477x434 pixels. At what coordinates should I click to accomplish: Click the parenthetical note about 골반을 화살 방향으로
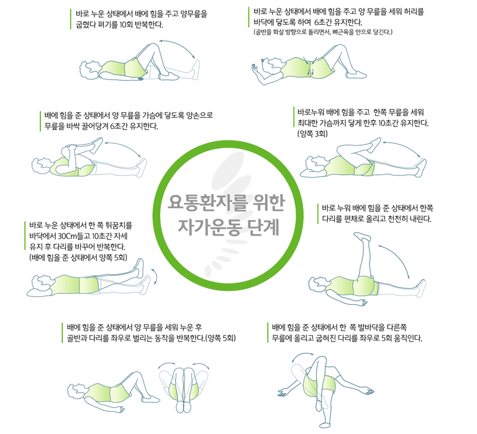[x=323, y=32]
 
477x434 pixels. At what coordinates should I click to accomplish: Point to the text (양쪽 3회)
[x=312, y=134]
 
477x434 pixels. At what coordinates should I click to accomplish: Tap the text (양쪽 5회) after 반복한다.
[x=220, y=338]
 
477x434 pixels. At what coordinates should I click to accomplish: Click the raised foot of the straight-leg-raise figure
[x=362, y=236]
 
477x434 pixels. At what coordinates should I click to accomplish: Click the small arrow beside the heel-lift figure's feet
[x=155, y=277]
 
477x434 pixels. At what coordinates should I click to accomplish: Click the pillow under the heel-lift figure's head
[x=39, y=291]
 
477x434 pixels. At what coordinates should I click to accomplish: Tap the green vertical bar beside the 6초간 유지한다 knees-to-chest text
[x=40, y=121]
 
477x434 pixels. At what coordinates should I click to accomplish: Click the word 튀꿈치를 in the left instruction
[x=119, y=225]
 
